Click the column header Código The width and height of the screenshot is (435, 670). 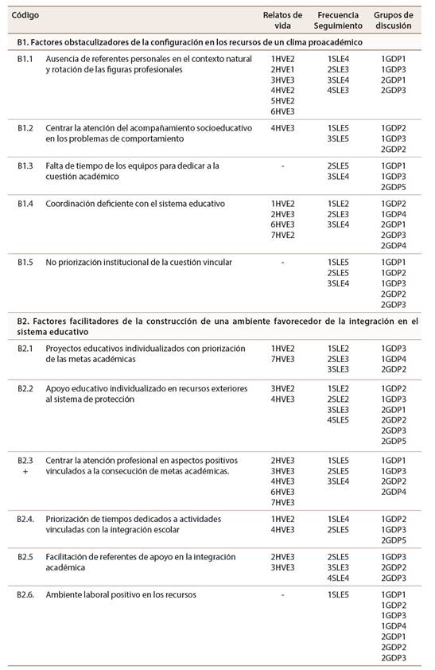[x=25, y=15]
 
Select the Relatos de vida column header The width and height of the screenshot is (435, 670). [x=282, y=20]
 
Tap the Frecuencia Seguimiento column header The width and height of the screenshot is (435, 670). [x=339, y=20]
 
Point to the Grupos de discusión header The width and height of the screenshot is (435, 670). [x=394, y=20]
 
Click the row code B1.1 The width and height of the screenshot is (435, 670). [x=25, y=59]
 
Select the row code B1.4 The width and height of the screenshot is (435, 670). [x=25, y=204]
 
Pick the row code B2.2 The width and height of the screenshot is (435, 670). [x=25, y=388]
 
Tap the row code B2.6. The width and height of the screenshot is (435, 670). [x=27, y=594]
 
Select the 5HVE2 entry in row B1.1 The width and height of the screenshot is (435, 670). [x=282, y=100]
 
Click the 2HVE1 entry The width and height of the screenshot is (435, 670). [x=282, y=69]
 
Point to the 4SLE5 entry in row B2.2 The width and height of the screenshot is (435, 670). [x=338, y=419]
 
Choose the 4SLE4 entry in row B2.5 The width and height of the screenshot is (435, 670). [x=338, y=578]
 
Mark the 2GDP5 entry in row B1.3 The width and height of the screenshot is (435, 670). [x=394, y=186]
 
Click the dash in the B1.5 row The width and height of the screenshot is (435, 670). [x=282, y=262]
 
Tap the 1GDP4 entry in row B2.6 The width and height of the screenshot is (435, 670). [x=394, y=626]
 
